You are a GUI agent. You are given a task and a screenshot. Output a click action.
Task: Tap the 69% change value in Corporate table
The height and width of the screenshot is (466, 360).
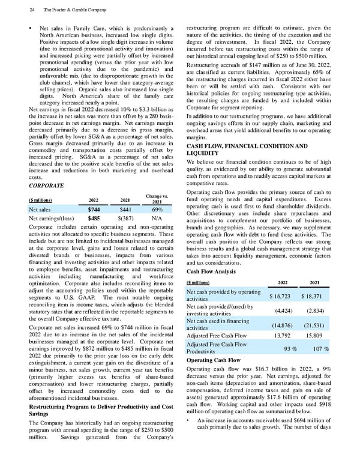coord(159,210)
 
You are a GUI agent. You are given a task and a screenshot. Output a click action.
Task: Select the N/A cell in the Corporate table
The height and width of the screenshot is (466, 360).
coord(159,220)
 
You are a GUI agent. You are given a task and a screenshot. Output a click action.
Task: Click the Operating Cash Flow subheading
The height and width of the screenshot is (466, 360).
coord(214,360)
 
